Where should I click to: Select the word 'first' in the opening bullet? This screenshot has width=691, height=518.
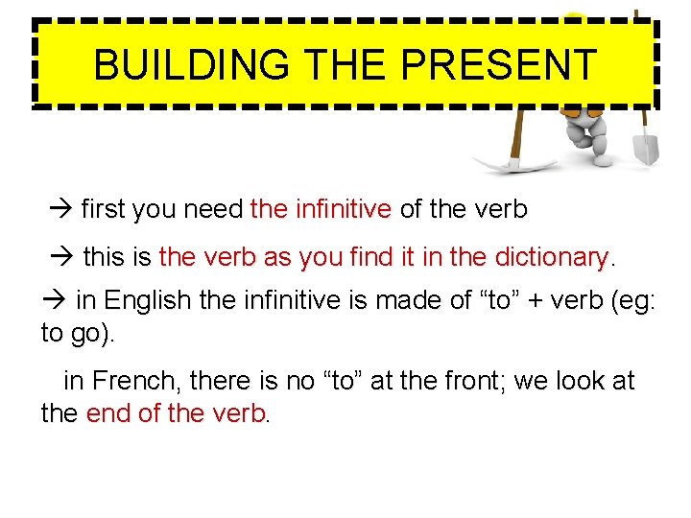[x=106, y=209]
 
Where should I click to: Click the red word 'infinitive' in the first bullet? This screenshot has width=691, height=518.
[x=344, y=209]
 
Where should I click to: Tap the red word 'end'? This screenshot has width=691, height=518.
[x=106, y=413]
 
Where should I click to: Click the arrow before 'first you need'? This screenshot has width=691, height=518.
[x=61, y=210]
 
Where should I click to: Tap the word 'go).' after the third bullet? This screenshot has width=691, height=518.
[x=91, y=333]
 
